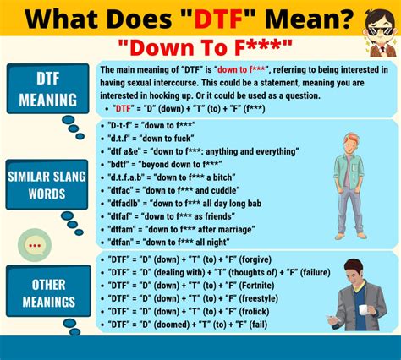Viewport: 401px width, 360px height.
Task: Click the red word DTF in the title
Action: pyautogui.click(x=219, y=19)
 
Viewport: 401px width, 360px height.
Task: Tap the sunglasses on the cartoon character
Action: pyautogui.click(x=380, y=30)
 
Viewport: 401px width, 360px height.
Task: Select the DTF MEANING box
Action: pyautogui.click(x=48, y=89)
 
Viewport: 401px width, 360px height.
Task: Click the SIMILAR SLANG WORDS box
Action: pyautogui.click(x=47, y=184)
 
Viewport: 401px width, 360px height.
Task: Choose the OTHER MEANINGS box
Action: pyautogui.click(x=48, y=291)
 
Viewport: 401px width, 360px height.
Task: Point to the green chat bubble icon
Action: pyautogui.click(x=35, y=245)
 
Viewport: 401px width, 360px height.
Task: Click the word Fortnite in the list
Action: pyautogui.click(x=256, y=286)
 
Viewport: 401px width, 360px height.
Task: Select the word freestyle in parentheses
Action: pyautogui.click(x=259, y=298)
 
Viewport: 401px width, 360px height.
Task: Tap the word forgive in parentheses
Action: pyautogui.click(x=255, y=259)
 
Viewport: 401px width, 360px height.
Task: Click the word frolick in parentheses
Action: pyautogui.click(x=254, y=311)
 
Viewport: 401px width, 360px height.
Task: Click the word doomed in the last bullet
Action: pyautogui.click(x=172, y=325)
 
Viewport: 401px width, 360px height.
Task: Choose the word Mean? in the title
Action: pyautogui.click(x=309, y=19)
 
